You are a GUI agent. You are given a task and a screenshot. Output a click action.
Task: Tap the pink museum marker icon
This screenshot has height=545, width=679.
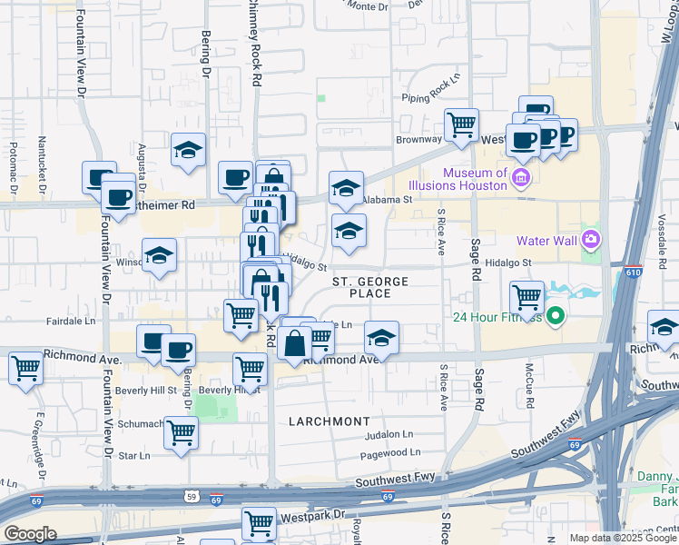[x=521, y=175]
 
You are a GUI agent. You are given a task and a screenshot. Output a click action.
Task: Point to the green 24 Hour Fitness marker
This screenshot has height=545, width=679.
[x=554, y=317]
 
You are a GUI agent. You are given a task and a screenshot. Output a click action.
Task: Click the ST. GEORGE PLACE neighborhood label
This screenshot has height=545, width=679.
[x=370, y=287]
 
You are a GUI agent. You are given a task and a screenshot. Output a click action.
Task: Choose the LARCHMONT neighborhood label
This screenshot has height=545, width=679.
[x=330, y=421]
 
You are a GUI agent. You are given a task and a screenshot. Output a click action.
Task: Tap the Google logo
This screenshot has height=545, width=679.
[x=30, y=533]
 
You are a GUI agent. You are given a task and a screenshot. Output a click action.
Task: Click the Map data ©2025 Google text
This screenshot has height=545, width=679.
[x=623, y=538]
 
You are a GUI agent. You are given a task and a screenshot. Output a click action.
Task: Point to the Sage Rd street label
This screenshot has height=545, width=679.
[x=474, y=260]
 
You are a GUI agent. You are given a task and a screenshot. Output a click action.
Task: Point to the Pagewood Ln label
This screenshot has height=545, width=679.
[x=390, y=452]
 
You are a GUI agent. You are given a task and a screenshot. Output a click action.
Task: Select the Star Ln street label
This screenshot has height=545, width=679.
[x=133, y=455]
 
